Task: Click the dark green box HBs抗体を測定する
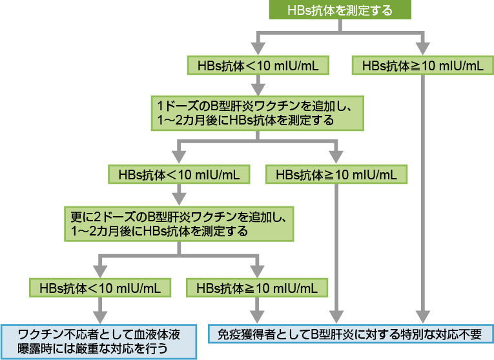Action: (x=339, y=11)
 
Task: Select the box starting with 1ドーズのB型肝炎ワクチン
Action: (x=256, y=112)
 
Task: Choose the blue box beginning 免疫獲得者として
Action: (x=351, y=334)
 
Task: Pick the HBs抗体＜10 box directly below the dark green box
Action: (x=258, y=65)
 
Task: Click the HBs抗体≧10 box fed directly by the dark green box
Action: (x=422, y=65)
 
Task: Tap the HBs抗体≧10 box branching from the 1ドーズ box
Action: (x=336, y=175)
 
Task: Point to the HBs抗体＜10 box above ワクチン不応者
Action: (x=99, y=286)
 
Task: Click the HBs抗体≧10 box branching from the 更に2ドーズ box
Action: (x=257, y=286)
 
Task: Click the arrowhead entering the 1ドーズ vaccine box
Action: (x=258, y=87)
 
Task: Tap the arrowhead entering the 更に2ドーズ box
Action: (x=178, y=197)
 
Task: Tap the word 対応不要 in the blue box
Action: (x=461, y=334)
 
